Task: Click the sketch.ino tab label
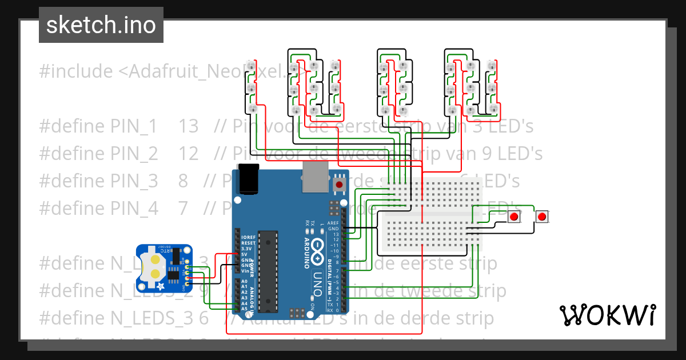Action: coord(101,25)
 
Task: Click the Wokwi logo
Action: coord(607,315)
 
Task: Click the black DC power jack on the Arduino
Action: coord(250,179)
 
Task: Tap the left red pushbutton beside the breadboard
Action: coord(514,217)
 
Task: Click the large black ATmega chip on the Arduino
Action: coord(268,271)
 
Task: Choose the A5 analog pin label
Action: coord(245,309)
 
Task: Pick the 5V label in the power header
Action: coord(245,254)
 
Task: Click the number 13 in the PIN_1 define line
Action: coord(188,126)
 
